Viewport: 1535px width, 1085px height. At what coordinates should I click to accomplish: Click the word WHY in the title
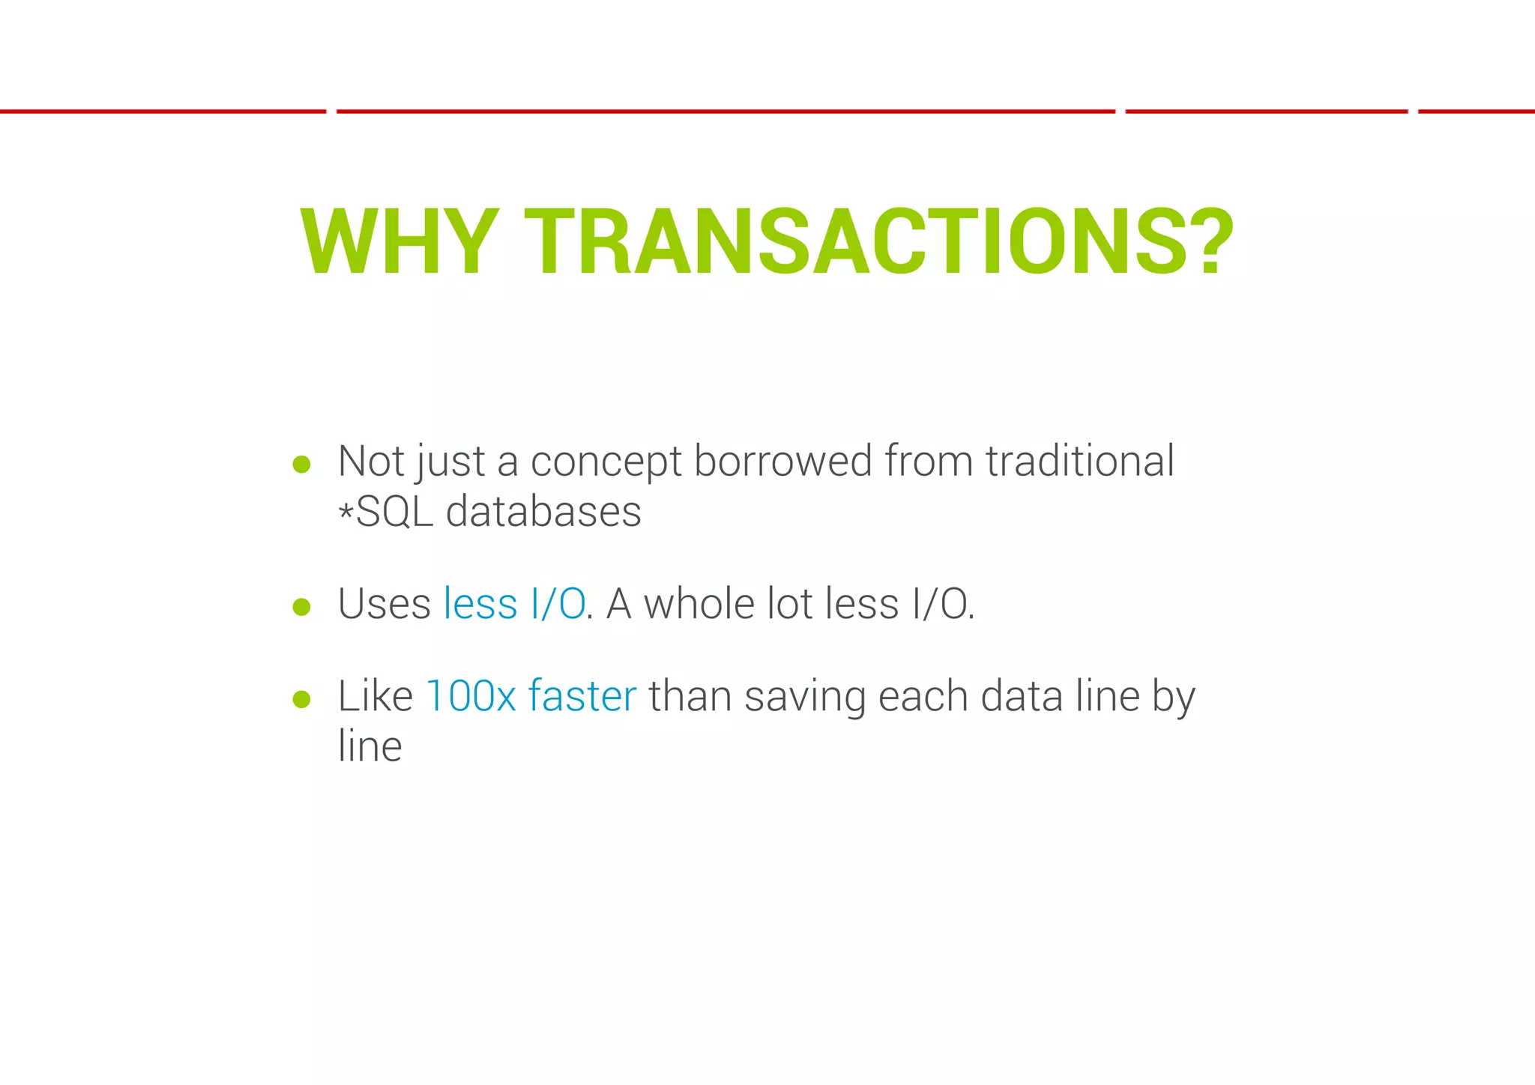point(399,242)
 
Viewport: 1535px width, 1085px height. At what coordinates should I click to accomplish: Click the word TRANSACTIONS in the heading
point(827,242)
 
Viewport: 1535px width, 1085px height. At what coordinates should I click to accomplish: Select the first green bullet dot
point(301,465)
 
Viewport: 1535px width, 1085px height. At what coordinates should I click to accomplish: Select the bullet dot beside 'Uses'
point(301,606)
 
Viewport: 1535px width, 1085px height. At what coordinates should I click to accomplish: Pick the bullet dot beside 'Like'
point(301,699)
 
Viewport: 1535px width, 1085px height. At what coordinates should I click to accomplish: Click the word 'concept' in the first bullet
point(606,462)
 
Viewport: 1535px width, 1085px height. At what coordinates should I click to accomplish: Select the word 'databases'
point(543,512)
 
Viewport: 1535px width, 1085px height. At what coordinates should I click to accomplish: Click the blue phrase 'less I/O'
point(514,604)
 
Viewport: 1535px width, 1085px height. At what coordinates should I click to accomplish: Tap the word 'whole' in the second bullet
point(699,604)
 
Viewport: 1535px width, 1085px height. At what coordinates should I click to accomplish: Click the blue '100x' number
point(471,696)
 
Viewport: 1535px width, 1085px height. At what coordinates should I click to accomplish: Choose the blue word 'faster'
point(582,696)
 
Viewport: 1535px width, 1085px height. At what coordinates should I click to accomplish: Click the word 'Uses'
point(384,604)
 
